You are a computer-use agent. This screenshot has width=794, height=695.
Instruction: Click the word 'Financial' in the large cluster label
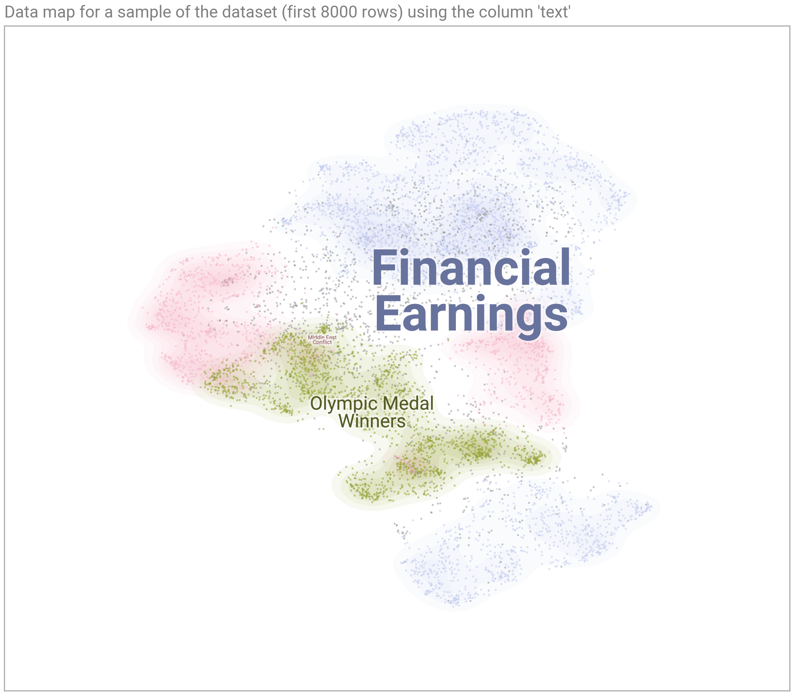(x=471, y=268)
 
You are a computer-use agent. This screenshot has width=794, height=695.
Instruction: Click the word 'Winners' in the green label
(x=372, y=421)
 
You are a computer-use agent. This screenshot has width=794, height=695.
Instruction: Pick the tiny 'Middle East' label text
(x=322, y=338)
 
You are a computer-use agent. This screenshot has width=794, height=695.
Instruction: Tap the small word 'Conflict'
(x=322, y=343)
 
